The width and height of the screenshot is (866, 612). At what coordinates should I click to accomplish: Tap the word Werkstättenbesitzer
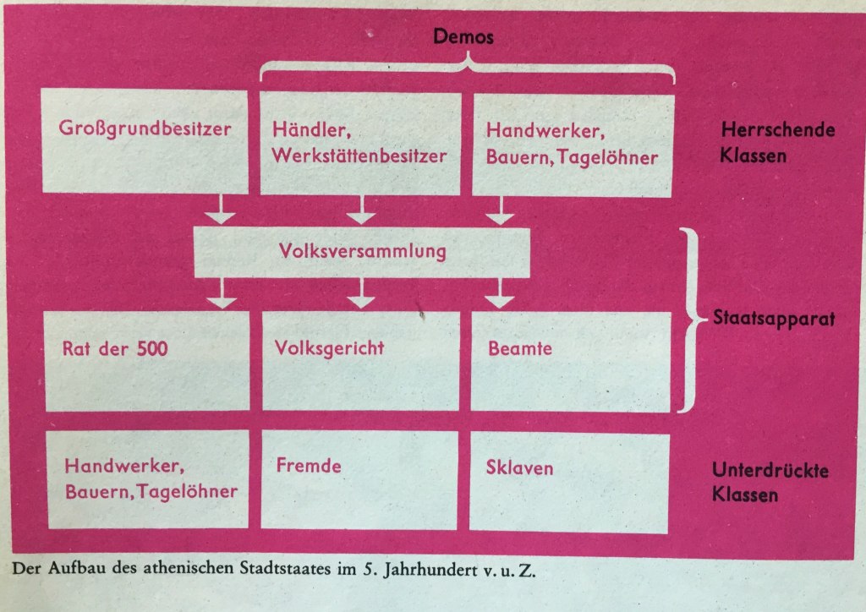tap(359, 156)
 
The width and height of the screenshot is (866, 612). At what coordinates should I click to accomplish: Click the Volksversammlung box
tap(363, 251)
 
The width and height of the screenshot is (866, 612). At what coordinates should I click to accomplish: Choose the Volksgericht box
tap(361, 361)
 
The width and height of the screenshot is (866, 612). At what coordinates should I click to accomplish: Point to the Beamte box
tap(572, 361)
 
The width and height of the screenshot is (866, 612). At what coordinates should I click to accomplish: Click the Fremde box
tap(359, 479)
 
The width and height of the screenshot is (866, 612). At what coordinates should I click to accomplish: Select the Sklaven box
tap(570, 479)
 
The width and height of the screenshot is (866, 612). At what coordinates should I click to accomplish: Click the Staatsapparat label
tap(775, 320)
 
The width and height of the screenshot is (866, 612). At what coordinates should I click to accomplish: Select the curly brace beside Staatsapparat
tap(695, 320)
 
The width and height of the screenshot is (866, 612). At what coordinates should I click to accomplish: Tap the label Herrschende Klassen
tap(777, 143)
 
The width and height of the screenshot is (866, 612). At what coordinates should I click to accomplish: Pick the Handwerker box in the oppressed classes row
tap(147, 479)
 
